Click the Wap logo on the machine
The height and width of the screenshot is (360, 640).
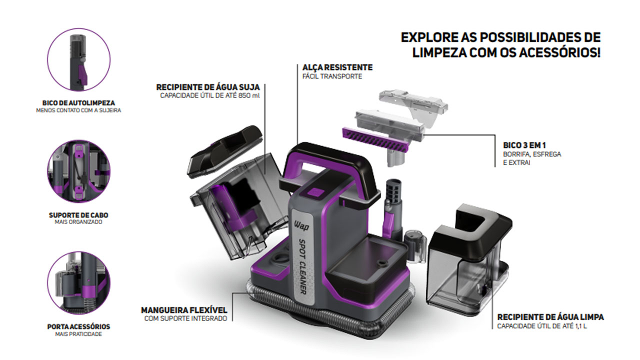coord(301,225)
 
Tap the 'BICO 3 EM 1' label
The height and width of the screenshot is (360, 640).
coord(524,145)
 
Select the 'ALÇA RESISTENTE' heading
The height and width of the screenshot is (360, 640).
coord(337,67)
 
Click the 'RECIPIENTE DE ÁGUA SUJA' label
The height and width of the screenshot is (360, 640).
coord(208,87)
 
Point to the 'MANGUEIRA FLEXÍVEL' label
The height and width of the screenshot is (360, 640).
coord(184,310)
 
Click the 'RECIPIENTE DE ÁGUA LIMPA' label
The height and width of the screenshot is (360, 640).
coord(550,317)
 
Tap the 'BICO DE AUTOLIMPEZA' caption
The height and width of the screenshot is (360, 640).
coord(78,103)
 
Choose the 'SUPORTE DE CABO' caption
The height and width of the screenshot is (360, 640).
coord(78,215)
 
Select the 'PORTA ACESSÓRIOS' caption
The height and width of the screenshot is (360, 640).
coord(78,326)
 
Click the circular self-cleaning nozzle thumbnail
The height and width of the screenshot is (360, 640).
coord(78,59)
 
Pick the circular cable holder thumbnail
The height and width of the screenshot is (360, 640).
coord(78,171)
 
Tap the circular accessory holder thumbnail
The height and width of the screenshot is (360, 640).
coord(78,283)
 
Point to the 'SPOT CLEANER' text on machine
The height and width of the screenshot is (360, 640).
coord(302,266)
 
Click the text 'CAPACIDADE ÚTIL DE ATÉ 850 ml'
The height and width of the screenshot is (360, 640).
coord(210,95)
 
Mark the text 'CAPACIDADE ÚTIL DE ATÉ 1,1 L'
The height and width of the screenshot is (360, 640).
coord(542,326)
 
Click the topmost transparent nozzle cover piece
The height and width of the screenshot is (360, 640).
coord(413,105)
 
